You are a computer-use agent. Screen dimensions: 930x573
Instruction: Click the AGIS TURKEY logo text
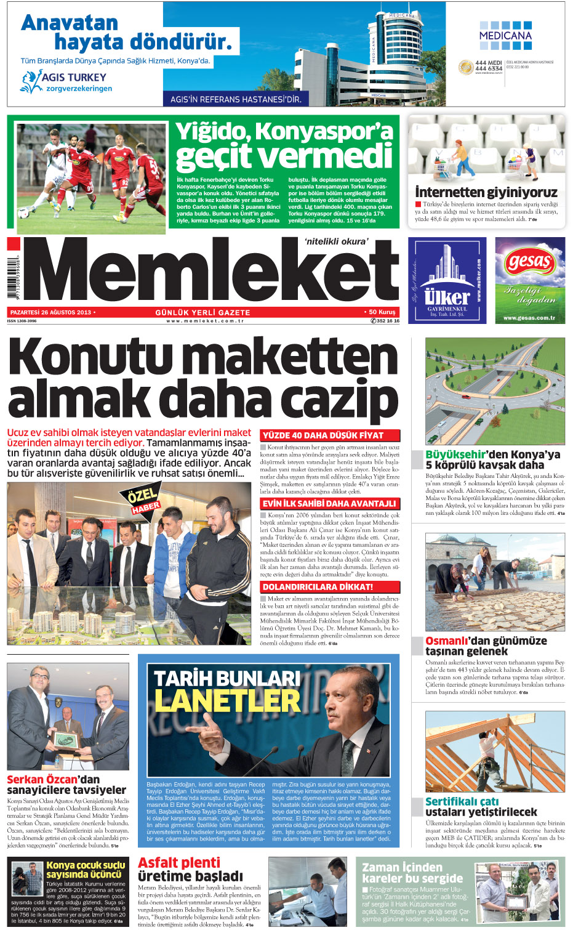pyautogui.click(x=73, y=78)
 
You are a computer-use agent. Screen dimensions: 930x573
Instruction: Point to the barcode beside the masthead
pyautogui.click(x=13, y=277)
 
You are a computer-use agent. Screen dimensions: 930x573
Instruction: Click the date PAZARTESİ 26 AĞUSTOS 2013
pyautogui.click(x=50, y=312)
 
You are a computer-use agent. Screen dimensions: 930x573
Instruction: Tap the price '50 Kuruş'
pyautogui.click(x=382, y=312)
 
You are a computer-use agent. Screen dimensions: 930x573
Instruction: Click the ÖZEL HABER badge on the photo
pyautogui.click(x=143, y=499)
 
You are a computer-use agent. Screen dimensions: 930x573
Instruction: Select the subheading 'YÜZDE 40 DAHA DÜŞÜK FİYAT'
pyautogui.click(x=323, y=435)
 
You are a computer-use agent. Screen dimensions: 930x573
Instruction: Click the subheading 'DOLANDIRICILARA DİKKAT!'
pyautogui.click(x=318, y=587)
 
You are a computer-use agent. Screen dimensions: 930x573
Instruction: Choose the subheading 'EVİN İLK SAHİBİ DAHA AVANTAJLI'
pyautogui.click(x=329, y=504)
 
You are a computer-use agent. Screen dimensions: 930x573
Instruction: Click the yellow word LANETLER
pyautogui.click(x=227, y=701)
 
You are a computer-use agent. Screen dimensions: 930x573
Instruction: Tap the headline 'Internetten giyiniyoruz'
pyautogui.click(x=486, y=192)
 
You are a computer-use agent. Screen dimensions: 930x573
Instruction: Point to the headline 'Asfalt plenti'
pyautogui.click(x=179, y=862)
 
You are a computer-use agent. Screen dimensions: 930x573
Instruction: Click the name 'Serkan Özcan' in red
pyautogui.click(x=42, y=779)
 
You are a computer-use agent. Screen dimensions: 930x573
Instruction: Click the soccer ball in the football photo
pyautogui.click(x=23, y=212)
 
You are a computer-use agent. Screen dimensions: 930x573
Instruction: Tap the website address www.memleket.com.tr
pyautogui.click(x=205, y=321)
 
